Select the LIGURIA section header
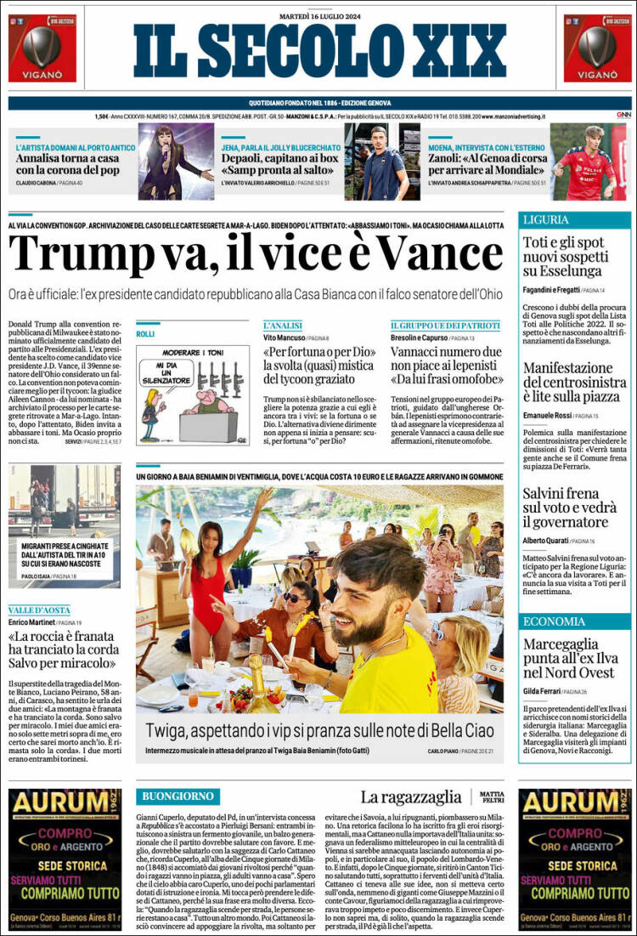point(546,219)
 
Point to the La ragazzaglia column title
point(411,797)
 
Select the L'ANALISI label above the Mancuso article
point(284,326)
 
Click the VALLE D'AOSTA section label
point(41,610)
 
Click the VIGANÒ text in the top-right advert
point(597,75)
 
